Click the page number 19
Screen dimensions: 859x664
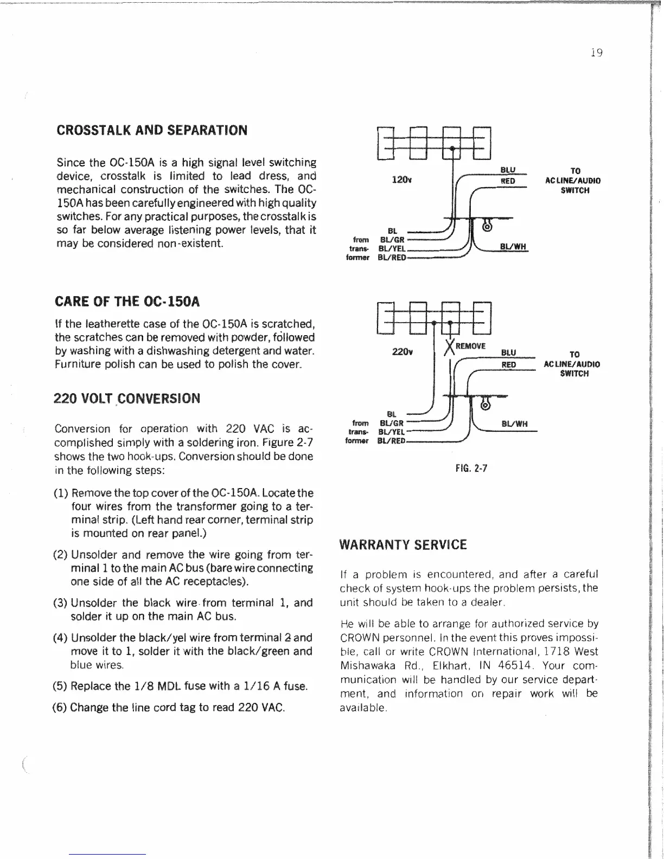[596, 53]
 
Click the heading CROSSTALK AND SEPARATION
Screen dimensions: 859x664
[152, 130]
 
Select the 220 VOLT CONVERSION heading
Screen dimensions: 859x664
[127, 399]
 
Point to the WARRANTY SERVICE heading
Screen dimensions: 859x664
[403, 545]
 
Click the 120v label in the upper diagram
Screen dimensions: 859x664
[401, 180]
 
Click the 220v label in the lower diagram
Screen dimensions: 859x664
[402, 352]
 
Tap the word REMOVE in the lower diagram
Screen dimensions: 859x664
[470, 346]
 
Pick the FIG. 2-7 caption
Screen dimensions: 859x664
[471, 467]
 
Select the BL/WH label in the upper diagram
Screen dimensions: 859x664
[513, 247]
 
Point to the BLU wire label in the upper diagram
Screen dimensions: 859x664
[508, 170]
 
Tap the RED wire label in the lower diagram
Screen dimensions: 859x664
[508, 364]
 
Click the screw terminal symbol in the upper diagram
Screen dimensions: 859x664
[487, 228]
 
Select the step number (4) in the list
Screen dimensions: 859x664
[60, 637]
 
